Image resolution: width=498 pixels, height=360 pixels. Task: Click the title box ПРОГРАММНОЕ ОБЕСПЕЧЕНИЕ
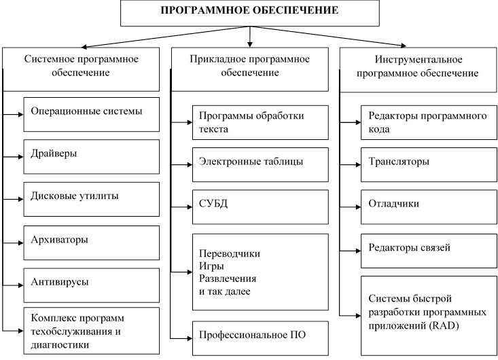click(249, 13)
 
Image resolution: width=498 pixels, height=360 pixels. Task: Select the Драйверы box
click(92, 157)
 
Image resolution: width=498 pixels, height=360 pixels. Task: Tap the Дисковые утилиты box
click(92, 200)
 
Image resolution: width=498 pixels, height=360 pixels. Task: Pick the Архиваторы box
click(92, 243)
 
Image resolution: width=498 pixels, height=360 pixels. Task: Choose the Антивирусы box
click(92, 285)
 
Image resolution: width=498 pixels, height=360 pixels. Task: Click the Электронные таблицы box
click(260, 165)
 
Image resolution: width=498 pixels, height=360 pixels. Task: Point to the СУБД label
click(213, 204)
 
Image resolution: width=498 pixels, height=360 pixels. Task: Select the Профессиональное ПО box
click(260, 338)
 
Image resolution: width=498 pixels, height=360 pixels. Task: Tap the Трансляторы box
click(429, 165)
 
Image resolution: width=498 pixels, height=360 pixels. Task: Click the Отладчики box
click(429, 207)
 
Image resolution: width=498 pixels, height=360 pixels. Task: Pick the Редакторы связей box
click(429, 251)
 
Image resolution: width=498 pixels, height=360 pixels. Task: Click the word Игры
click(211, 266)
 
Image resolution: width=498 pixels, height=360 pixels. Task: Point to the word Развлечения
click(228, 278)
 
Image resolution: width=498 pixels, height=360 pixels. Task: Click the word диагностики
click(60, 345)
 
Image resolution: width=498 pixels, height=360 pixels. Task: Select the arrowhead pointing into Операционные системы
click(21, 114)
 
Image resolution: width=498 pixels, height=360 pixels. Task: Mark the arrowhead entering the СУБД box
click(190, 207)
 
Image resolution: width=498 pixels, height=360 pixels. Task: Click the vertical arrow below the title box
click(250, 37)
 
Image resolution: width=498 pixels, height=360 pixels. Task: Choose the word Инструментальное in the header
click(419, 60)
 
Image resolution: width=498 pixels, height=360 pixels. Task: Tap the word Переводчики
click(230, 253)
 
